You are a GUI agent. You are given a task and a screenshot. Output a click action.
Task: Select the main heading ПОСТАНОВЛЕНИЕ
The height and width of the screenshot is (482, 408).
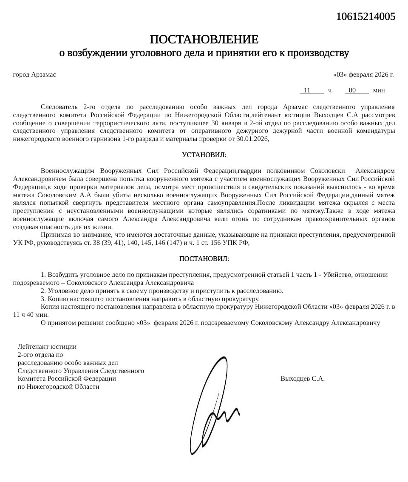(x=204, y=40)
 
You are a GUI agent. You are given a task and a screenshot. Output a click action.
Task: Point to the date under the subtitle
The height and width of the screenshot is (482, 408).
(x=363, y=75)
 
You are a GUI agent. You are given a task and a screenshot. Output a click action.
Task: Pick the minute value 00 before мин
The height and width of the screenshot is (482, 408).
(x=352, y=91)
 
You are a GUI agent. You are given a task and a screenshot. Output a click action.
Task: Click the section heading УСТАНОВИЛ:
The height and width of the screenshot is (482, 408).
(x=204, y=154)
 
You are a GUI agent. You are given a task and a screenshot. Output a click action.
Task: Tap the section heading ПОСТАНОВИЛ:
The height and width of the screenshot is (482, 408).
(x=204, y=259)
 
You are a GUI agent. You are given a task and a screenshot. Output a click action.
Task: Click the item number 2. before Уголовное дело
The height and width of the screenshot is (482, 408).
(x=43, y=291)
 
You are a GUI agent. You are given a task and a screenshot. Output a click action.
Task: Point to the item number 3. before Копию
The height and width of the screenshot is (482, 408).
(x=43, y=299)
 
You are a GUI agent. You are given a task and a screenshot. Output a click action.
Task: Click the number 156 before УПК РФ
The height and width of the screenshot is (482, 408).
(x=204, y=243)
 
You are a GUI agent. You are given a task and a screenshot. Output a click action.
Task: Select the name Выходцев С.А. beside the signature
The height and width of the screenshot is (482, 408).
(x=303, y=379)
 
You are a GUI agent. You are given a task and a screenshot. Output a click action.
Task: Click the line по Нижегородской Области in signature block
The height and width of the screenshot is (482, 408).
(x=59, y=387)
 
